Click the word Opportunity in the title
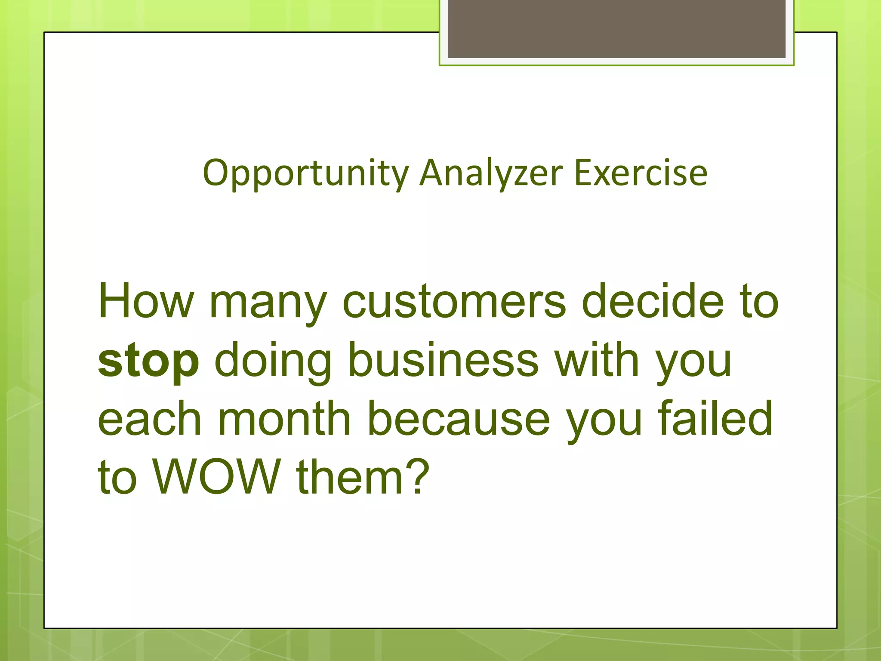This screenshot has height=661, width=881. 305,173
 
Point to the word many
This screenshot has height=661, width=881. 268,303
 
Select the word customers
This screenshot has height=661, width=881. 454,301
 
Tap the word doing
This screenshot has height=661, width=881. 273,361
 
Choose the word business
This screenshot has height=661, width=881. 443,359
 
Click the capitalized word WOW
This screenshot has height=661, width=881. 217,477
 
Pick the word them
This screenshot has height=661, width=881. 348,477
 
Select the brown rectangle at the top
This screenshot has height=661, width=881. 616,28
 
